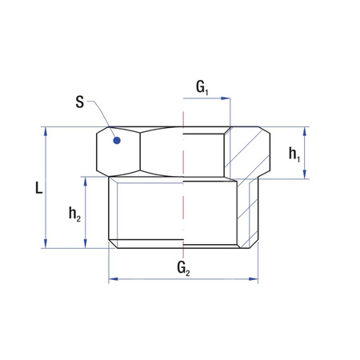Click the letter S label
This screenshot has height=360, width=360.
pyautogui.click(x=79, y=103)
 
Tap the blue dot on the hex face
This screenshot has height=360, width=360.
pyautogui.click(x=117, y=141)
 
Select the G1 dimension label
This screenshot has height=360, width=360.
pyautogui.click(x=203, y=86)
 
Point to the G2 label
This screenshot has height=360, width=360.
pyautogui.click(x=183, y=266)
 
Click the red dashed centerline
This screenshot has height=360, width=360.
pyautogui.click(x=183, y=192)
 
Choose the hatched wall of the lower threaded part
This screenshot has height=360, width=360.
pyautogui.click(x=247, y=212)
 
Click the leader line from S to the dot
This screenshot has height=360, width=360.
pyautogui.click(x=102, y=116)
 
